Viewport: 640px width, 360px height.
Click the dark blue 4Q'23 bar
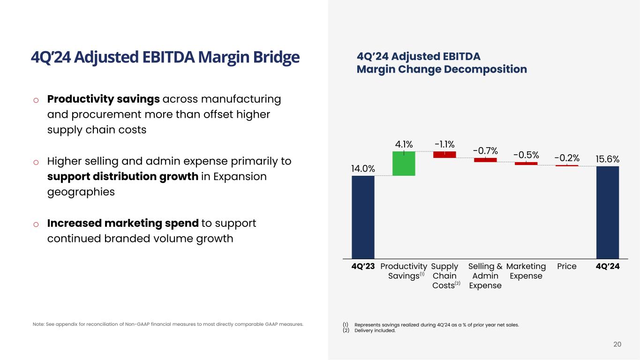(x=363, y=217)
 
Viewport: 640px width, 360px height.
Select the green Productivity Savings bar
(x=404, y=163)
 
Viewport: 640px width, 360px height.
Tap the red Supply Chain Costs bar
(x=444, y=154)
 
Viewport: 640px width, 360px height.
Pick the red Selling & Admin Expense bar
(x=485, y=160)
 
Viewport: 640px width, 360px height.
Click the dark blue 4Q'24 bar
(x=608, y=212)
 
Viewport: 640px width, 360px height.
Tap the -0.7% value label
(x=485, y=150)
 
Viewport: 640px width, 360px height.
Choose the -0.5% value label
(x=526, y=155)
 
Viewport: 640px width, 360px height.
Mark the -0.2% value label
(x=567, y=158)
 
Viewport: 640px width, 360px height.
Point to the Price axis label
(x=567, y=266)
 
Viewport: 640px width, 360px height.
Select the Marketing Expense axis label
(x=526, y=271)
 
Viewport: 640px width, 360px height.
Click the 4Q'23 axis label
(x=363, y=266)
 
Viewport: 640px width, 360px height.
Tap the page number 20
(x=617, y=345)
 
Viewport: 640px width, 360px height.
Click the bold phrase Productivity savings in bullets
(x=104, y=99)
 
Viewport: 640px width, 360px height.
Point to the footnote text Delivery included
(x=375, y=330)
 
